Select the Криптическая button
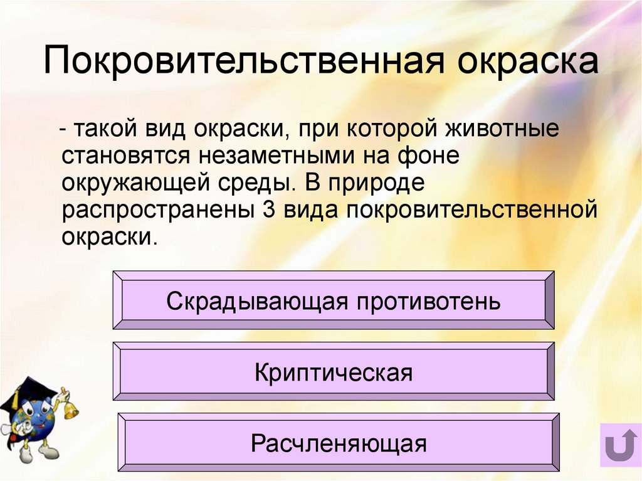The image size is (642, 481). (x=334, y=373)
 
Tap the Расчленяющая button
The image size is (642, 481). (x=339, y=444)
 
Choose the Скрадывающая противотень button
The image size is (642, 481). (x=334, y=301)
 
